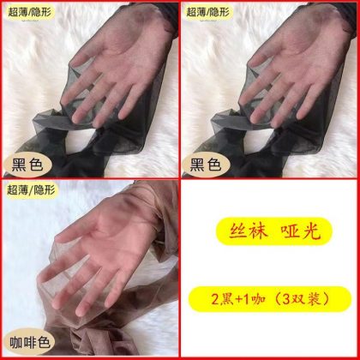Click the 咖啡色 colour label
30,343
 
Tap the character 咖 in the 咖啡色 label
16,343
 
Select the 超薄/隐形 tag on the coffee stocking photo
31,190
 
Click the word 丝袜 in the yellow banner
249,231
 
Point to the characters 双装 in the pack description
303,299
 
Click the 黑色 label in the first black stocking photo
27,165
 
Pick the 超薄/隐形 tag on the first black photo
31,12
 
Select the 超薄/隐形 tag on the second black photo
208,12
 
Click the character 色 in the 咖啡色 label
44,343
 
